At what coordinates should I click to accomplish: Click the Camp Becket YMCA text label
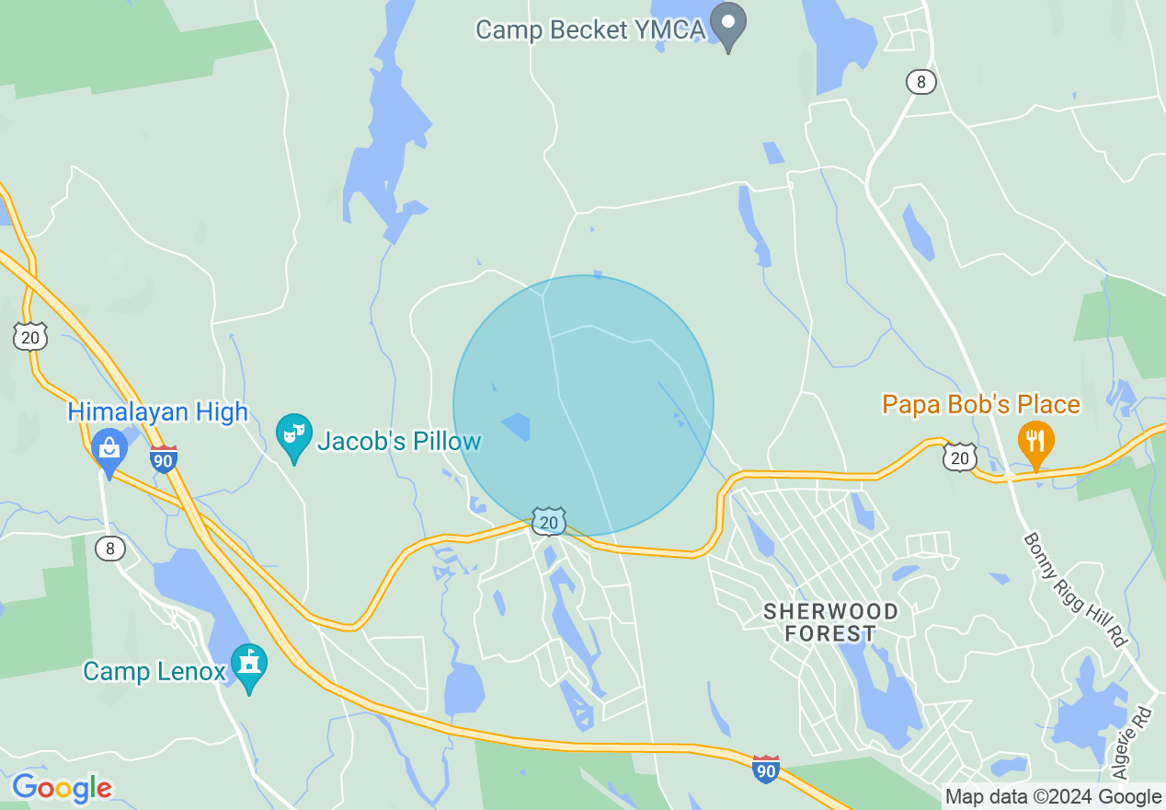coord(589,29)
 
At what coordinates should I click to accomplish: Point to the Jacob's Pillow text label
coord(399,442)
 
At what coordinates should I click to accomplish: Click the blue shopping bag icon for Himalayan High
coord(109,450)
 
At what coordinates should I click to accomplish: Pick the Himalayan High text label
coord(158,411)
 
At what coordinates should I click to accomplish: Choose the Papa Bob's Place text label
coord(981,404)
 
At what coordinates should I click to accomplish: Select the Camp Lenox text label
coord(154,671)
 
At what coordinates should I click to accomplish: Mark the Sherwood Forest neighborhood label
coord(831,623)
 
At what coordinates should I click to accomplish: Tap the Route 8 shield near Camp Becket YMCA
coord(920,82)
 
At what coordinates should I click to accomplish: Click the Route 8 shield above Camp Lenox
coord(110,550)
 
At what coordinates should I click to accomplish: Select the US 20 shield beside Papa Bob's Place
coord(959,457)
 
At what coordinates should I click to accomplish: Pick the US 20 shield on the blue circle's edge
coord(548,523)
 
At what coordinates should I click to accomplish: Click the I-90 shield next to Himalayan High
coord(163,458)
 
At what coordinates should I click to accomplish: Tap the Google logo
coord(62,788)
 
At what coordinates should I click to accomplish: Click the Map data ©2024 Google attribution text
coord(1054,797)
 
